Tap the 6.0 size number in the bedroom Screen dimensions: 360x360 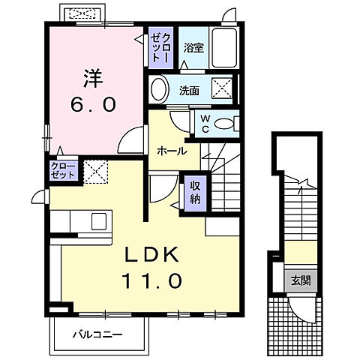pyautogui.click(x=93, y=104)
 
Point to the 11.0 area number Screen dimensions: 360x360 pyautogui.click(x=151, y=283)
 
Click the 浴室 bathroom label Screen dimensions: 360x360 pyautogui.click(x=193, y=48)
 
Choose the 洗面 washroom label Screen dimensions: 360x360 pyautogui.click(x=188, y=91)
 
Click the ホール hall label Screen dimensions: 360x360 pyautogui.click(x=172, y=150)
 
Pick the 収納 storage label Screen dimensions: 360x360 pyautogui.click(x=193, y=193)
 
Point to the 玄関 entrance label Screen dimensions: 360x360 pyautogui.click(x=300, y=280)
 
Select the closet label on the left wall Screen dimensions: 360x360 pyautogui.click(x=63, y=169)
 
